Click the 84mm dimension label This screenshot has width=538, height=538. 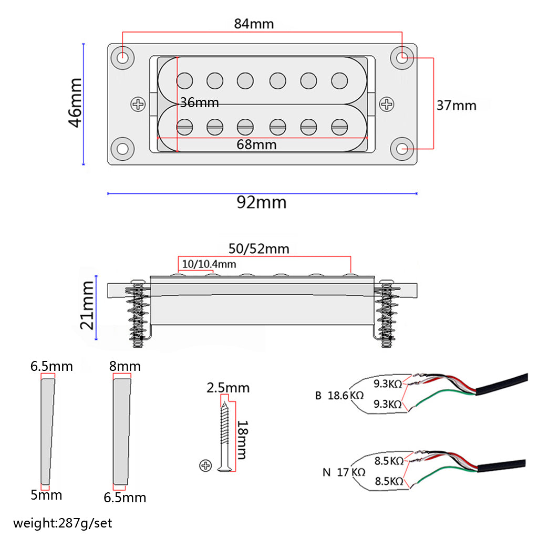(254, 24)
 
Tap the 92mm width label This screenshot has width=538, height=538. (261, 202)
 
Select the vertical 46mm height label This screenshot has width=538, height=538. (75, 102)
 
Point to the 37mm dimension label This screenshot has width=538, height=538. (456, 105)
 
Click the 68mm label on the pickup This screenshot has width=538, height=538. (257, 144)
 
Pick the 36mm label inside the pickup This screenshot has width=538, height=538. (199, 102)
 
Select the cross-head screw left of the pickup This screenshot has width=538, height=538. (139, 104)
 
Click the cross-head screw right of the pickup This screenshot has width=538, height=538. (387, 104)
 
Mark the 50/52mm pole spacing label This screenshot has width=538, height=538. (258, 248)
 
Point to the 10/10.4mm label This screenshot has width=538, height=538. (209, 263)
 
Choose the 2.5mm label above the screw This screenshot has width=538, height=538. (228, 388)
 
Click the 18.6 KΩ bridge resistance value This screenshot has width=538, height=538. (346, 396)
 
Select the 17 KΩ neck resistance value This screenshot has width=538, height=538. (351, 472)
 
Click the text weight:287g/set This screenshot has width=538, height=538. (63, 523)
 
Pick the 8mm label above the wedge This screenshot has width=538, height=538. (125, 366)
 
